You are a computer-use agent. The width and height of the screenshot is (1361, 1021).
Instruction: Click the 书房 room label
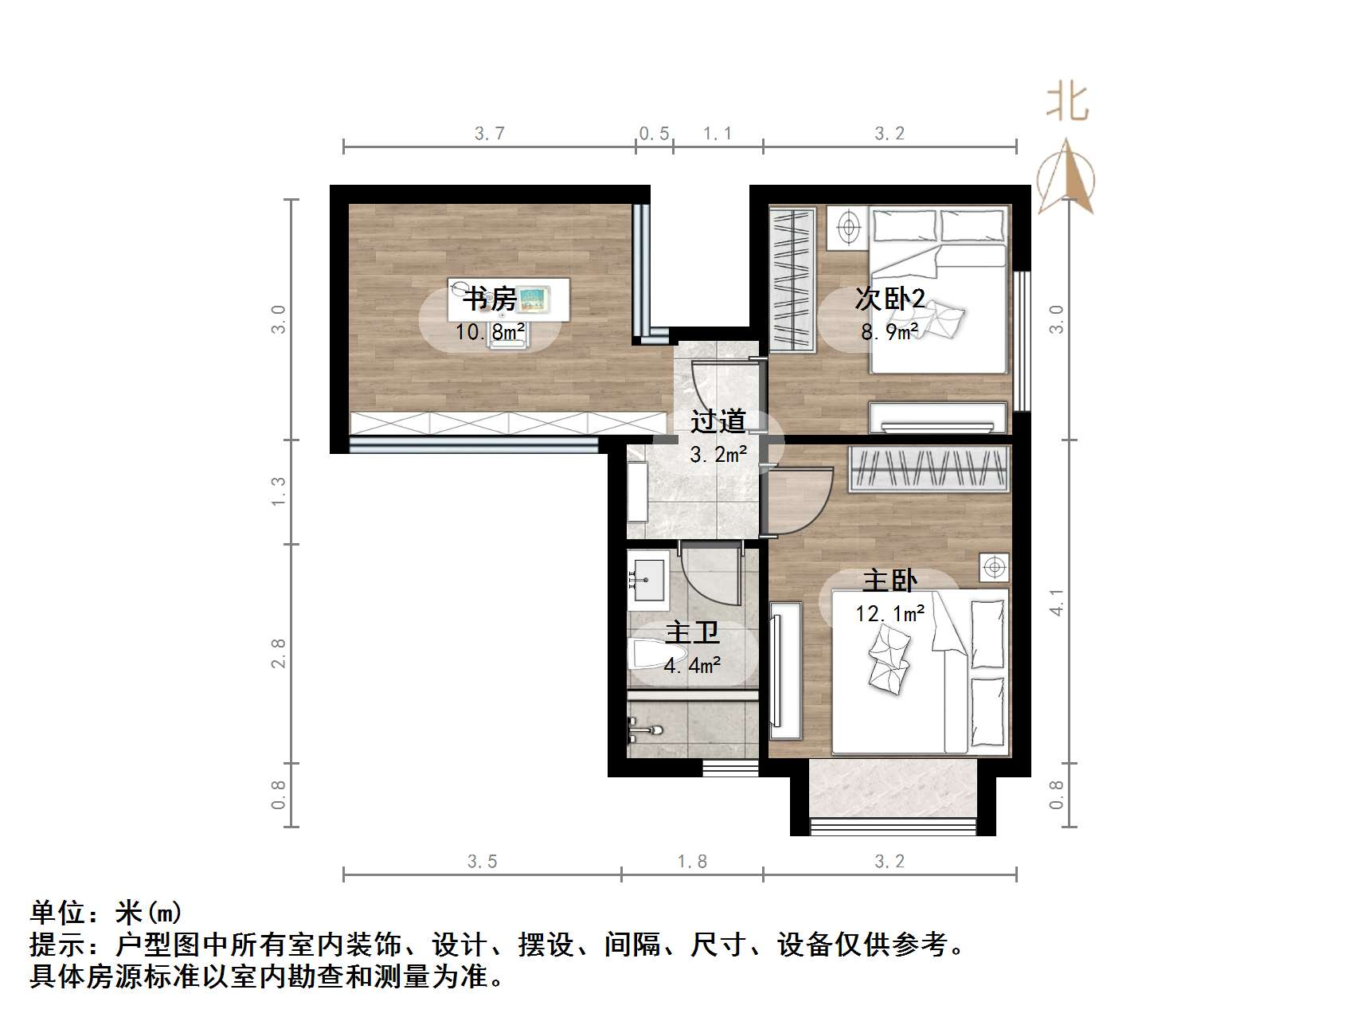[489, 300]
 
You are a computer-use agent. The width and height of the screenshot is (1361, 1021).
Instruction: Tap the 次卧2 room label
[890, 299]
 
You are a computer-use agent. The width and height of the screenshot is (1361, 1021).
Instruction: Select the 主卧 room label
[890, 581]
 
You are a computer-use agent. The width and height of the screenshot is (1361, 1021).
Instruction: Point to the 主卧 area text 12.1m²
[890, 613]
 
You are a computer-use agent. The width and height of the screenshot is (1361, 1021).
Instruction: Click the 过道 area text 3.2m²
[718, 455]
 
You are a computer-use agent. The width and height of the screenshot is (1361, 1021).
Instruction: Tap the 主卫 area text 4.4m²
[692, 664]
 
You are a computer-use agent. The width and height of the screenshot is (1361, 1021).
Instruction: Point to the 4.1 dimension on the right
[1057, 602]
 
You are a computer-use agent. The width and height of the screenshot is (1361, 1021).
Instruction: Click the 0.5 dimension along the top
[654, 133]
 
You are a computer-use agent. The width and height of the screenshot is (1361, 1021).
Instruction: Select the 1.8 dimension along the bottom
[691, 862]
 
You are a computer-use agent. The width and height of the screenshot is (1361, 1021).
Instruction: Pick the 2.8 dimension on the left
[278, 653]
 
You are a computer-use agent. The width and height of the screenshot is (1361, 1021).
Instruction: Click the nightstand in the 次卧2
[847, 226]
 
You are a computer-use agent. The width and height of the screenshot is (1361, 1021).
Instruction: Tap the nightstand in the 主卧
[994, 567]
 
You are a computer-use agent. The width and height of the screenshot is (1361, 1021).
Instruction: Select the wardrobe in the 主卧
[929, 468]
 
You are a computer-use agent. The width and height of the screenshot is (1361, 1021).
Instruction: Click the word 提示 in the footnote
[58, 945]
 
